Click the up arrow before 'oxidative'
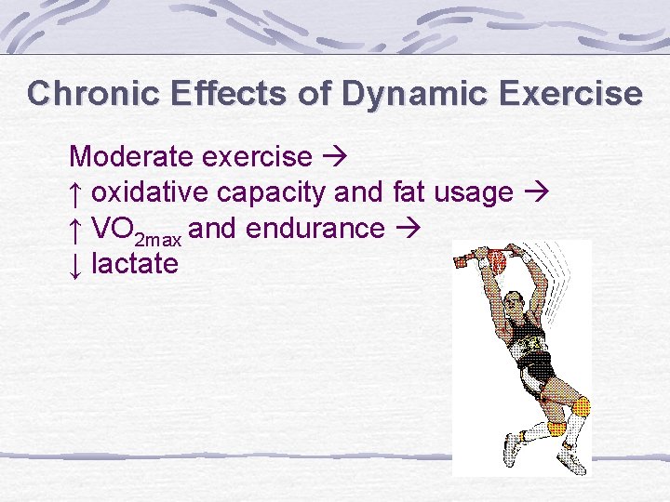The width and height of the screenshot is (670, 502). [77, 192]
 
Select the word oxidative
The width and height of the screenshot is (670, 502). [151, 192]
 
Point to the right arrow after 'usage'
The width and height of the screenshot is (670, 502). [536, 192]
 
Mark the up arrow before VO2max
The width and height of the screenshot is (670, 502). [77, 229]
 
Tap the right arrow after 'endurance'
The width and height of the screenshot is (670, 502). [405, 229]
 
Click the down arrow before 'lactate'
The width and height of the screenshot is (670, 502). [77, 264]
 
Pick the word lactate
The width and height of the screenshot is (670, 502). [134, 264]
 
